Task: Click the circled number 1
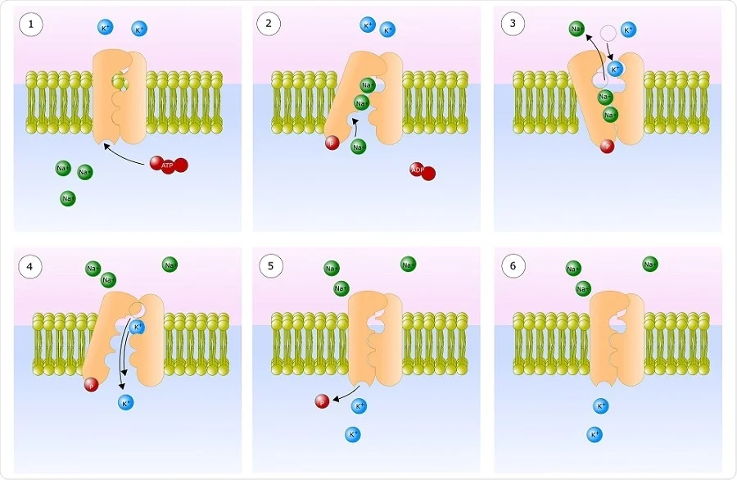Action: point(32,25)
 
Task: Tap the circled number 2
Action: point(269,25)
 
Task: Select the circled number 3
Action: point(513,25)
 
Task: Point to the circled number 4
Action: point(32,266)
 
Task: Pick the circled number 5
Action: point(269,266)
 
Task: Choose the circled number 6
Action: point(513,266)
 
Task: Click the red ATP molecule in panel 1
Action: point(169,165)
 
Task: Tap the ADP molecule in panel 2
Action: point(423,171)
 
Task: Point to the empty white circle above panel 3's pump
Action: point(607,34)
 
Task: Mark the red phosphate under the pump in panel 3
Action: point(607,147)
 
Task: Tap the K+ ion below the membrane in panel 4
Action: point(125,402)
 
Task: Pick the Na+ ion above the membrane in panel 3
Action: point(578,29)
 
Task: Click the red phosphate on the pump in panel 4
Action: point(91,385)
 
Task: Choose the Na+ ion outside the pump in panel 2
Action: point(358,147)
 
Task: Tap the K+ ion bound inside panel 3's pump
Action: point(616,70)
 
